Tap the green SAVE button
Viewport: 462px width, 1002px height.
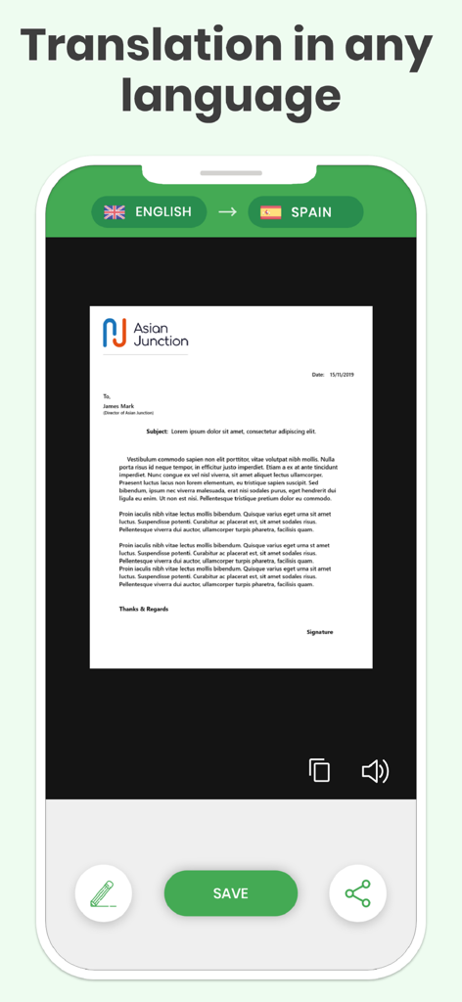click(231, 893)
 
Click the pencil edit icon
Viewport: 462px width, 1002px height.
click(103, 893)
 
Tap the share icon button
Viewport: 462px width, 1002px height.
click(357, 893)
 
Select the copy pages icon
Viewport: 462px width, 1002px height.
click(319, 770)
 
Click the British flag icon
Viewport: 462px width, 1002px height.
click(115, 211)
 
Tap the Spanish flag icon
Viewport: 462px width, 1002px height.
click(270, 211)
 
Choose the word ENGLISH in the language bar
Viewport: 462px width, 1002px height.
click(162, 211)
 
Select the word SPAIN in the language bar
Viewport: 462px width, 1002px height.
click(311, 211)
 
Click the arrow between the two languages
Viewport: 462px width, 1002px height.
click(227, 211)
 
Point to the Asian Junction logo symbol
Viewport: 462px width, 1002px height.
click(115, 332)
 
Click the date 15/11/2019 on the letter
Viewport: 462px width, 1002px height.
click(344, 375)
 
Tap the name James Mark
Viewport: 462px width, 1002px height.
click(118, 405)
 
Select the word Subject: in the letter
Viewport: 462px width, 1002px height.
click(157, 431)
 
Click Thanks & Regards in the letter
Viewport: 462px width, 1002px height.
click(144, 609)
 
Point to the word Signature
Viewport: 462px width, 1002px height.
click(319, 632)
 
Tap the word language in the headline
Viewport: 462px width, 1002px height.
click(231, 96)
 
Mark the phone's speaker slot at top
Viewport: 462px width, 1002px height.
click(231, 173)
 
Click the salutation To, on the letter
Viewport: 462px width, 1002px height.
click(107, 395)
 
